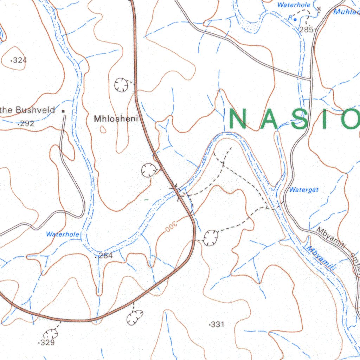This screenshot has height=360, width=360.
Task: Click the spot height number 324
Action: click(x=20, y=60)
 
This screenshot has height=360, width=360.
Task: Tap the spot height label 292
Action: click(x=27, y=123)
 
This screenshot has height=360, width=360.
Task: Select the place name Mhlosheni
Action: click(x=116, y=119)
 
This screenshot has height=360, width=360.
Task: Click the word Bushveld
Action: click(x=36, y=110)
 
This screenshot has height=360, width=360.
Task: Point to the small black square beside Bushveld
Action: click(x=64, y=111)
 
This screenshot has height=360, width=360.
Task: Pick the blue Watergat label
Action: click(x=304, y=190)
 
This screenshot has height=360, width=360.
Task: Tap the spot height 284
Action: click(x=105, y=256)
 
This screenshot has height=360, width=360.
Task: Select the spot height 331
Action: click(x=217, y=324)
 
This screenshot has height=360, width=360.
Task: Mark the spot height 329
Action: click(x=47, y=342)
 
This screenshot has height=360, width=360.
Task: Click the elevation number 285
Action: click(x=306, y=30)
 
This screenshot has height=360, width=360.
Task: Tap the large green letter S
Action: click(x=303, y=119)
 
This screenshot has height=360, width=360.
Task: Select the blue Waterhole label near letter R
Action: click(x=294, y=5)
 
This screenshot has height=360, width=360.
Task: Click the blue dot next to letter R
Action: click(x=295, y=19)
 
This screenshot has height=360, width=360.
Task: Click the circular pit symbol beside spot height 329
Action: click(x=50, y=333)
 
